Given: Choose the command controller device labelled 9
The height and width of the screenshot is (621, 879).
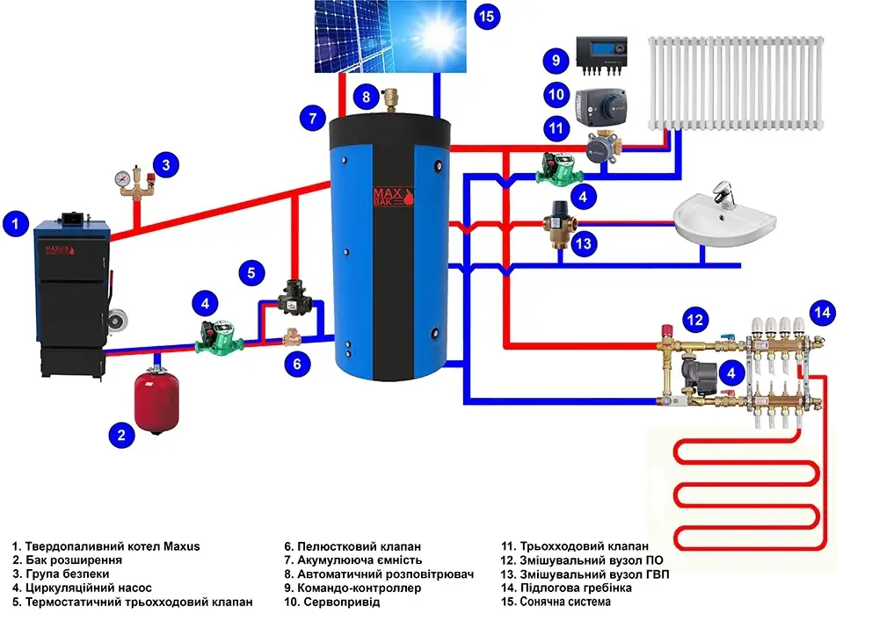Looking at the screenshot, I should point(602,54).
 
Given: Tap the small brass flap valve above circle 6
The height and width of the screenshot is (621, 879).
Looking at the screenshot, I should point(294,336).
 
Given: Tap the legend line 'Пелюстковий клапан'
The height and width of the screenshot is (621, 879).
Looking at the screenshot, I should point(352,545).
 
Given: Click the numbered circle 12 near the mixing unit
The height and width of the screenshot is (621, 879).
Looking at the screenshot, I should point(695,319).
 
